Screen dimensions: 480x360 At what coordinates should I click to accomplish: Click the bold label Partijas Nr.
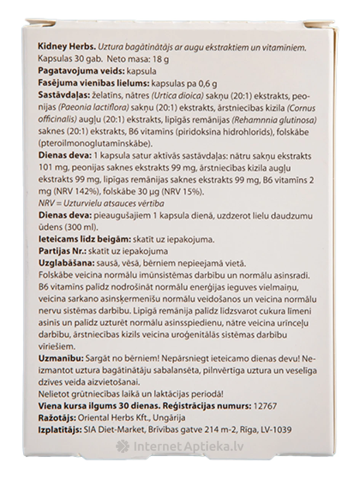tap(62, 251)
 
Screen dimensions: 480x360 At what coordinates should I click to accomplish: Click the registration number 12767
tap(266, 406)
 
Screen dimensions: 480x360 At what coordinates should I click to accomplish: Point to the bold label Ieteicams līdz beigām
tap(84, 240)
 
